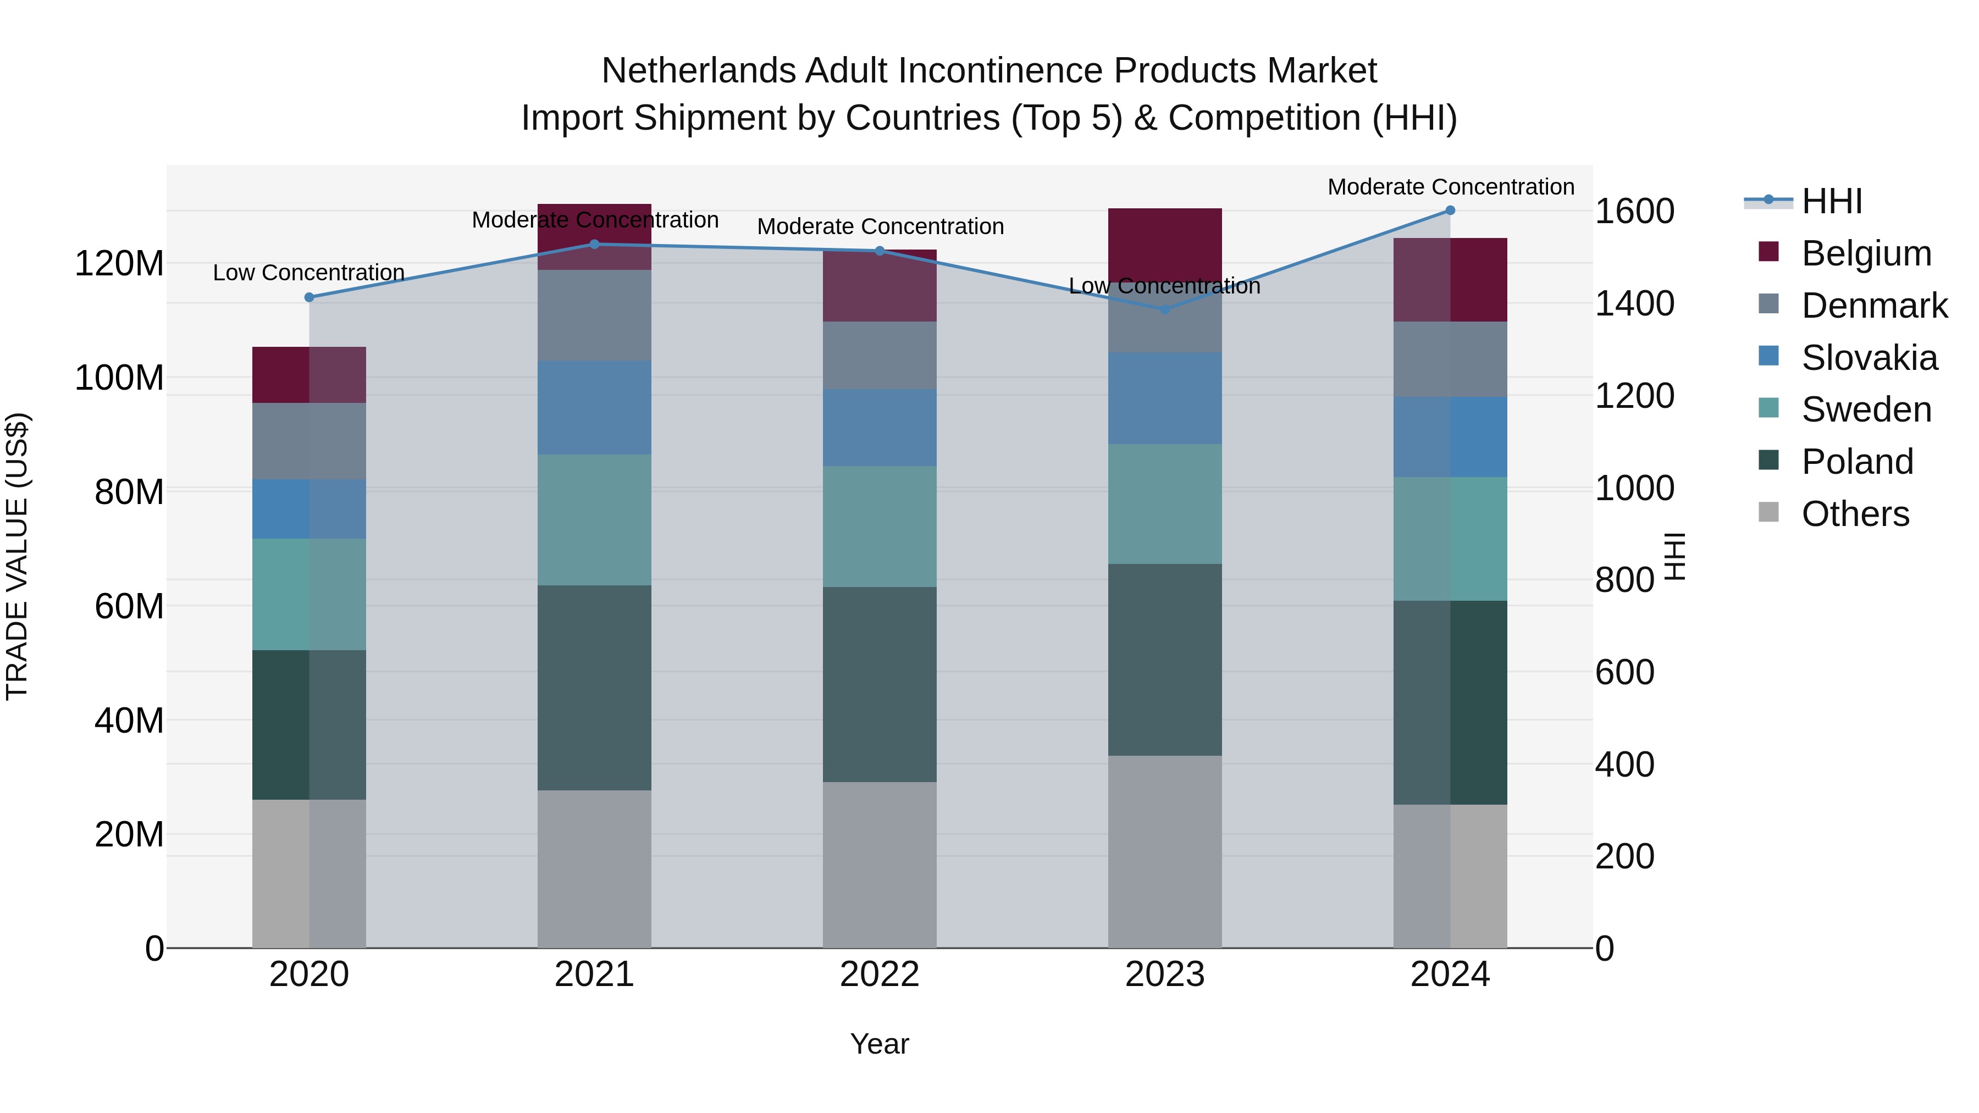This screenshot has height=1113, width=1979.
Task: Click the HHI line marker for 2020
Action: click(309, 297)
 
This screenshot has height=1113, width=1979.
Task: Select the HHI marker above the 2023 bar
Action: click(1165, 309)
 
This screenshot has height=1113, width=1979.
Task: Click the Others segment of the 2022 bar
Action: click(880, 864)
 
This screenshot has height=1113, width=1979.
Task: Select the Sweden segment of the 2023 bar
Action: click(1165, 504)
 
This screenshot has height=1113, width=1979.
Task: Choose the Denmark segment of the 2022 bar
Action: click(880, 355)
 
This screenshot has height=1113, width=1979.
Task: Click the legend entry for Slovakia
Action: click(1869, 358)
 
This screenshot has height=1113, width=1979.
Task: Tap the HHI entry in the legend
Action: click(1832, 201)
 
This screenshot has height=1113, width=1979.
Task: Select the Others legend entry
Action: click(1855, 514)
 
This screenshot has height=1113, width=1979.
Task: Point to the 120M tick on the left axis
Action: click(119, 263)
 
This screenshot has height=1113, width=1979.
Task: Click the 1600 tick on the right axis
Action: click(1635, 211)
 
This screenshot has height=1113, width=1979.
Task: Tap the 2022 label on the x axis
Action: click(880, 974)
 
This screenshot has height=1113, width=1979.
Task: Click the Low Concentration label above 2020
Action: click(309, 273)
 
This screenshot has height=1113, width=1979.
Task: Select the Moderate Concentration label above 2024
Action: click(1451, 187)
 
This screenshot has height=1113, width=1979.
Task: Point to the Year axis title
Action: click(880, 1044)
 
